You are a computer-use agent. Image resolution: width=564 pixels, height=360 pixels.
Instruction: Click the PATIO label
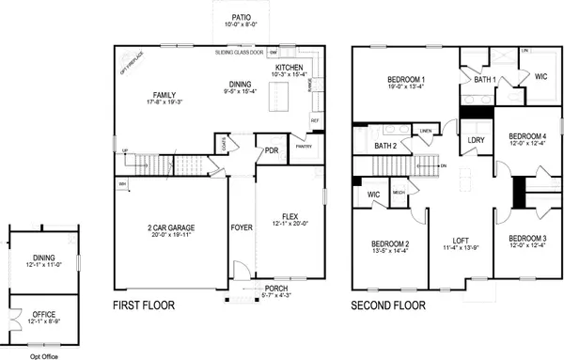[241, 16]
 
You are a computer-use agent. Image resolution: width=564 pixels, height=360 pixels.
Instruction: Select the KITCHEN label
[288, 68]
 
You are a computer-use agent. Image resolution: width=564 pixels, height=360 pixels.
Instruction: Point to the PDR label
[271, 150]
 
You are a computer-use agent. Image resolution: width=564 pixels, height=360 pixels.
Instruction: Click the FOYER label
[242, 227]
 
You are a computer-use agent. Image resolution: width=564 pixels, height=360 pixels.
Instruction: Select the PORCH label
[276, 288]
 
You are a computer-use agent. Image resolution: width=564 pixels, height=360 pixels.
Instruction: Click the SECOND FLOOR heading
[388, 306]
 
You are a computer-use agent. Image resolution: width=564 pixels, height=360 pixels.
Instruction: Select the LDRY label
[475, 141]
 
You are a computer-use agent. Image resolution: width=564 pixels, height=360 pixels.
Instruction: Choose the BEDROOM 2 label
[388, 244]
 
